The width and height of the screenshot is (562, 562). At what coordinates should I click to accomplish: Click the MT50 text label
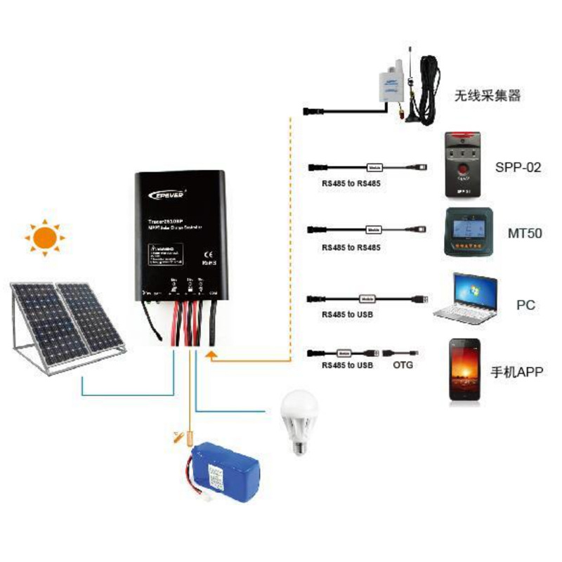click(524, 233)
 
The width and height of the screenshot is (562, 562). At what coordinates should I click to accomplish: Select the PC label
click(525, 305)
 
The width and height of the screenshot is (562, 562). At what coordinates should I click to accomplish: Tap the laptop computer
click(466, 299)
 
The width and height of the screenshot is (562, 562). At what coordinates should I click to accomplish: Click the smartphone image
click(465, 371)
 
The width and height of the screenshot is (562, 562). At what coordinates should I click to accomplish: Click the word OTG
click(403, 365)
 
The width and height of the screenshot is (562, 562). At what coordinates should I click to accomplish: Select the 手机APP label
click(516, 372)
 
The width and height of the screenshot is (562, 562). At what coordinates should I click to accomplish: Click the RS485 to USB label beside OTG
click(347, 365)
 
